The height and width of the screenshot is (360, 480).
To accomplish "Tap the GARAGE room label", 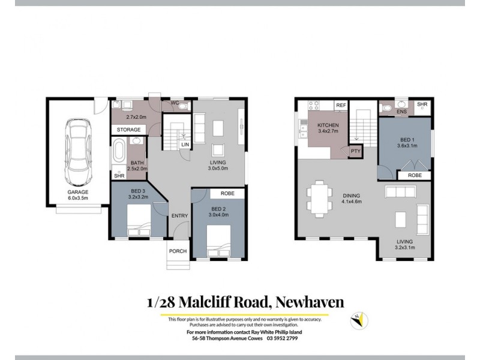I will point(77,193).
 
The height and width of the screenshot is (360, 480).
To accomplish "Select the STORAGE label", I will point(128,130).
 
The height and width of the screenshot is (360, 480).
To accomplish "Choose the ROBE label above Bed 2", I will point(227,194).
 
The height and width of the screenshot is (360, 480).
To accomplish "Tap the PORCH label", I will point(178,251).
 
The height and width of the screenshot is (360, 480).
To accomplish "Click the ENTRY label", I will point(179,216).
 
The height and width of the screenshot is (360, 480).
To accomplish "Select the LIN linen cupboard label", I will point(185,145).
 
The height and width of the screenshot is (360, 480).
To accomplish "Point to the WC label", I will point(175,103).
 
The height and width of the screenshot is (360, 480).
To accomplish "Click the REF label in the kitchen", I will point(341,105).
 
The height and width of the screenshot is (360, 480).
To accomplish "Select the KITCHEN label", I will point(328,125).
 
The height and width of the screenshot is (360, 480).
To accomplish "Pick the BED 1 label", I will point(407,142).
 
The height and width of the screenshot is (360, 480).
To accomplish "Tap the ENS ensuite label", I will point(401,112).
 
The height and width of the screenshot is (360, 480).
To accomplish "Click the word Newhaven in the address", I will point(310,302).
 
